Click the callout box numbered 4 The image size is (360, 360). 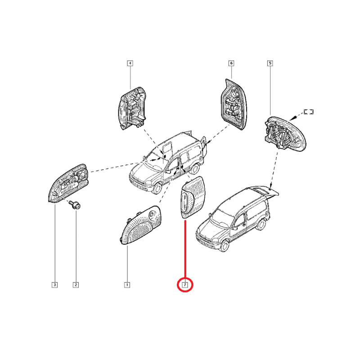tap(130, 63)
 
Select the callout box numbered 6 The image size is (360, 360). tap(231, 63)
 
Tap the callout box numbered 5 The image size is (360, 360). tap(270, 63)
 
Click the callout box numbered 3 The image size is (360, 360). tap(54, 284)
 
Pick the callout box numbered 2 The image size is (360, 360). tap(76, 284)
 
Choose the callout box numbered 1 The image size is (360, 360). tap(127, 284)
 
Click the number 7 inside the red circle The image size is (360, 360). tap(184, 284)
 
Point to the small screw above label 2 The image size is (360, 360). tap(75, 205)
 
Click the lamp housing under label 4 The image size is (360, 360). tap(132, 109)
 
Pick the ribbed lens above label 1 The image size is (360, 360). tap(139, 223)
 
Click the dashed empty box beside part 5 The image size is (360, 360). tap(308, 112)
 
